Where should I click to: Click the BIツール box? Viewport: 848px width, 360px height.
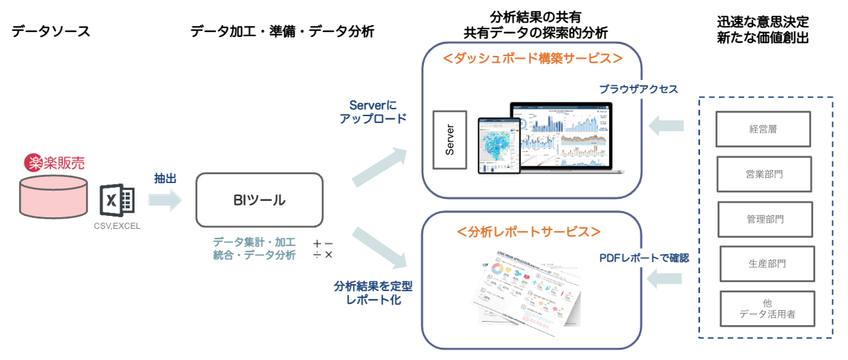259,200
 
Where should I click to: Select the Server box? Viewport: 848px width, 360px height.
450,139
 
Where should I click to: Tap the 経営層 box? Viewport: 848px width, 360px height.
763,128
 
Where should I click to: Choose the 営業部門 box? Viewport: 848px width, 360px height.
764,174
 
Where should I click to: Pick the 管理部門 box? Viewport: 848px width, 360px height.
765,219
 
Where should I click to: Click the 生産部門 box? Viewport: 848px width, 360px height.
767,264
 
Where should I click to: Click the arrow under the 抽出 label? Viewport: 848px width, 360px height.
165,200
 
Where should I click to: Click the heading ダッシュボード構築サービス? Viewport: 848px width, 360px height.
532,59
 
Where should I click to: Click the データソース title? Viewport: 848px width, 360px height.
51,31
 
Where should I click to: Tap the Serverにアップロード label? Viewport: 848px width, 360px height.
373,111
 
